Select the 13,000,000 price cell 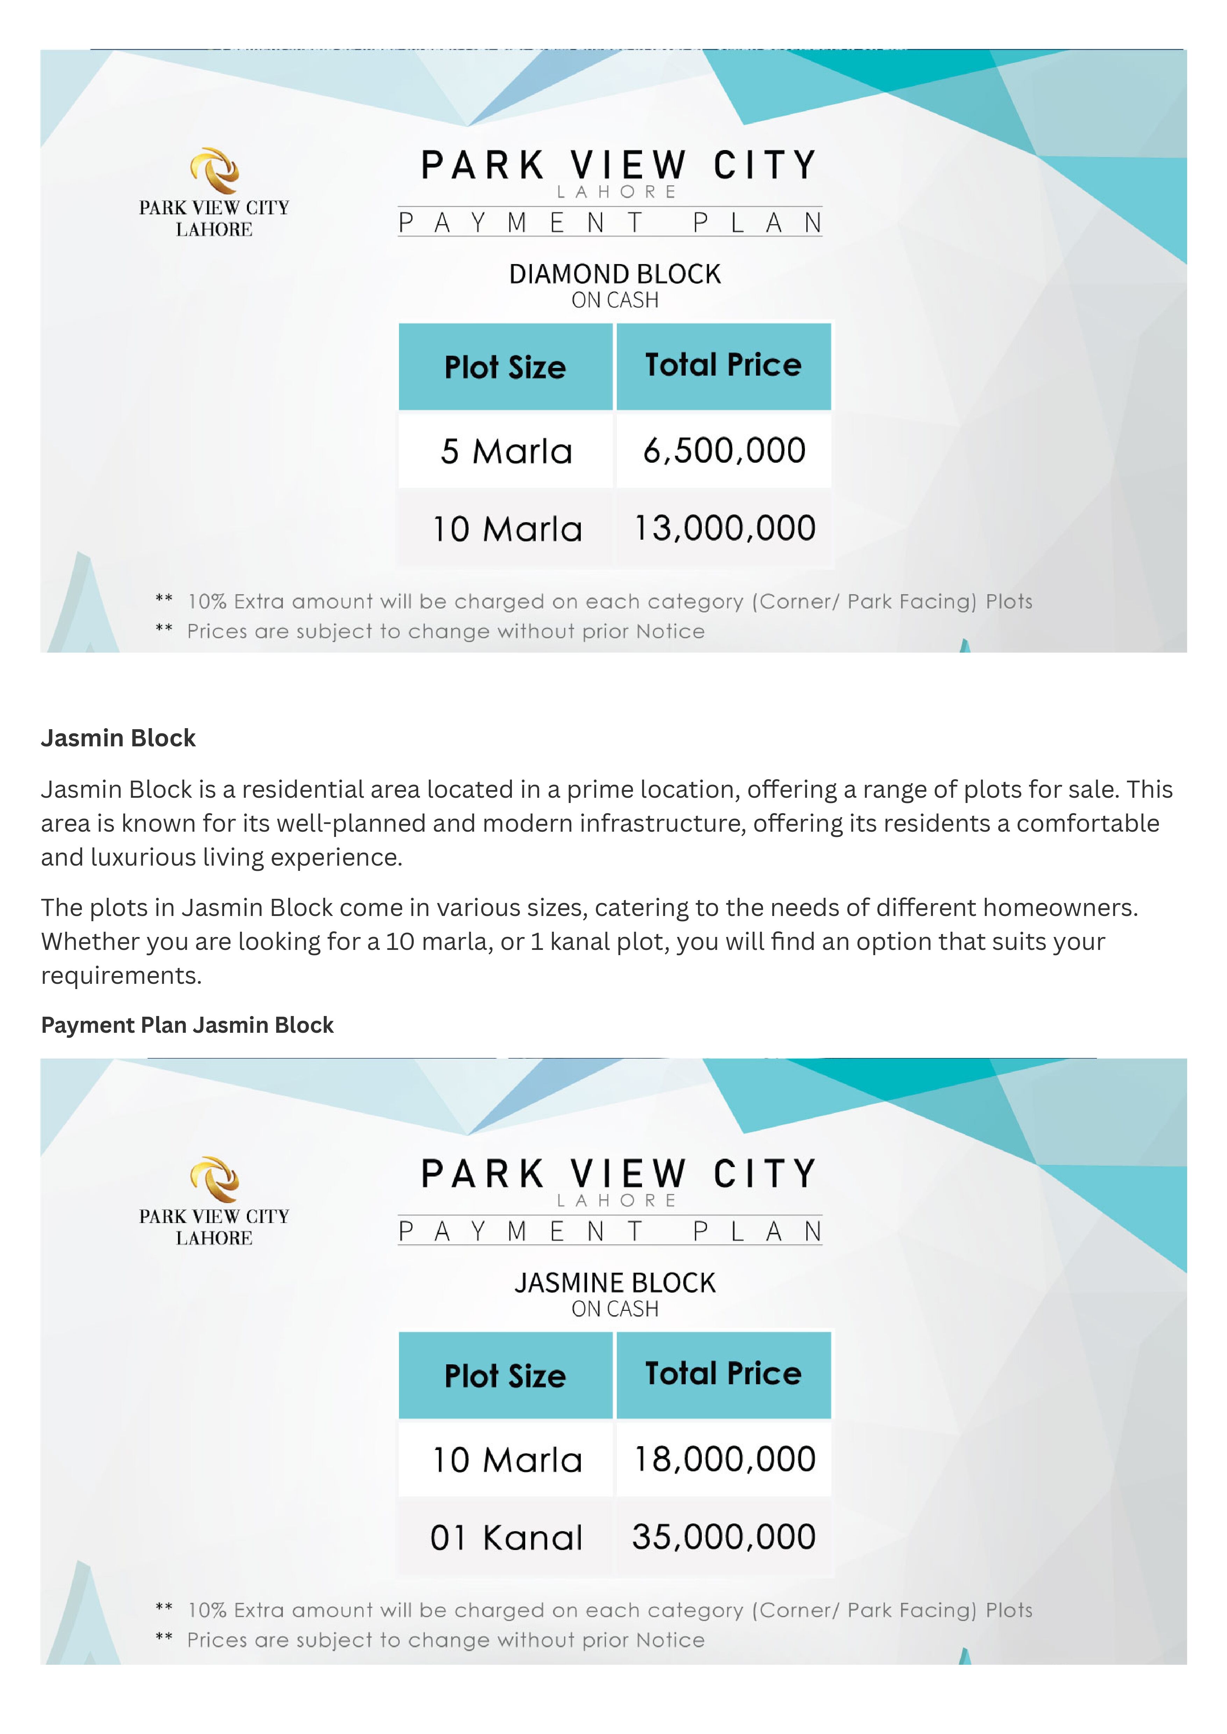click(x=724, y=528)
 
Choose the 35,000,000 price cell click(x=724, y=1537)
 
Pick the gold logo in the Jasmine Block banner click(x=215, y=1179)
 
